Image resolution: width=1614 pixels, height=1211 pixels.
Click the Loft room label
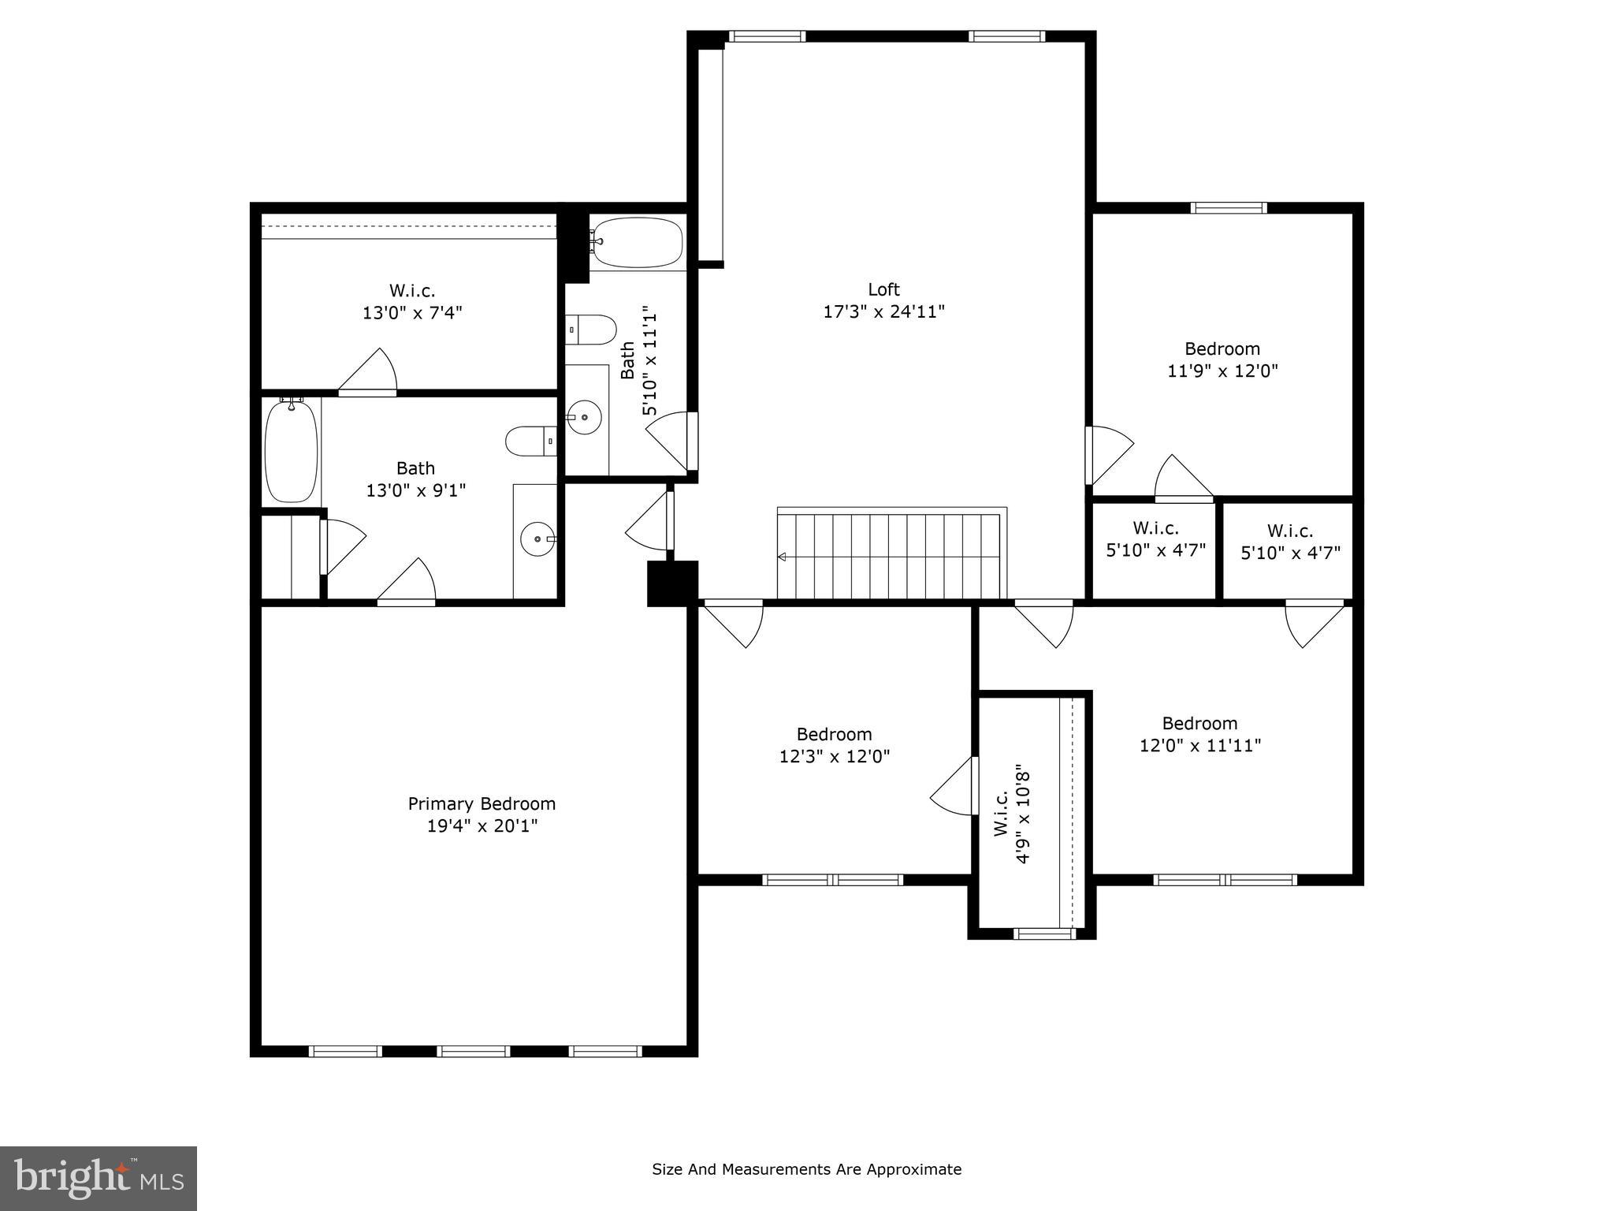(883, 289)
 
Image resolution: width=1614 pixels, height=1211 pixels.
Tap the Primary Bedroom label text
(482, 803)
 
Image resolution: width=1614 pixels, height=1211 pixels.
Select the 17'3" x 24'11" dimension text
(883, 311)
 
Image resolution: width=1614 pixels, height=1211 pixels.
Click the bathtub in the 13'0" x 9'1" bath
(291, 450)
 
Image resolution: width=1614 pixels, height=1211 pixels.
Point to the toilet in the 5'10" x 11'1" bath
(591, 330)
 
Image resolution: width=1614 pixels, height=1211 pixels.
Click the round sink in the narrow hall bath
(584, 415)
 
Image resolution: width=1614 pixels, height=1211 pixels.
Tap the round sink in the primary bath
(538, 539)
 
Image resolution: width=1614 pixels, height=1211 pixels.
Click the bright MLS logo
(99, 1179)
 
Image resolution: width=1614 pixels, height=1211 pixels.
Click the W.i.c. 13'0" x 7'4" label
(411, 301)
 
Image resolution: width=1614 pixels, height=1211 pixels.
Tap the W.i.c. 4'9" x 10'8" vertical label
(1011, 813)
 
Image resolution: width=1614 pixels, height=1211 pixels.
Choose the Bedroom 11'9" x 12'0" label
(1222, 360)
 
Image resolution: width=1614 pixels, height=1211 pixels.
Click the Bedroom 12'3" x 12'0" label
(834, 745)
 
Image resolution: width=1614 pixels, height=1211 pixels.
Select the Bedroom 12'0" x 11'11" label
(1199, 734)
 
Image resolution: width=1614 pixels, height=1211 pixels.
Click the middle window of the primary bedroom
(474, 1050)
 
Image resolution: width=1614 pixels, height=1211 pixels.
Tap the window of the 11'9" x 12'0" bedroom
(1228, 208)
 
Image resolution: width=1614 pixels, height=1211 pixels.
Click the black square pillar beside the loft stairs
(672, 583)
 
